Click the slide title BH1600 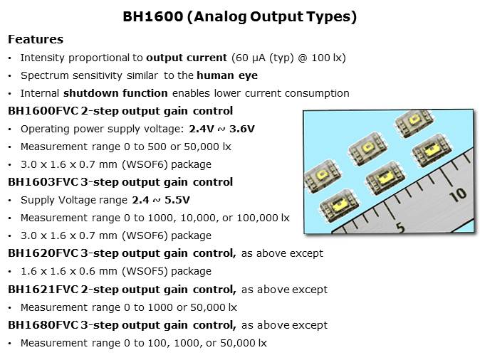[x=152, y=16]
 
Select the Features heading [x=36, y=39]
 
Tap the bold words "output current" [x=187, y=58]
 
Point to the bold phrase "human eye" [x=227, y=75]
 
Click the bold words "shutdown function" [x=115, y=93]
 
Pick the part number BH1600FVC [x=43, y=111]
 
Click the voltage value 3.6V [x=242, y=129]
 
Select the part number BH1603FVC [x=43, y=182]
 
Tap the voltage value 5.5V [x=177, y=200]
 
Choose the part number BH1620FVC [x=43, y=253]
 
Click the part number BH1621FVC [x=43, y=290]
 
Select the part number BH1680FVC [x=43, y=325]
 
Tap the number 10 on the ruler [x=458, y=194]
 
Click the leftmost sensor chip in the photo [x=323, y=176]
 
